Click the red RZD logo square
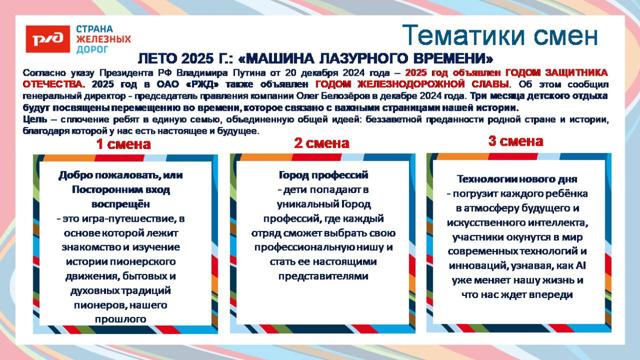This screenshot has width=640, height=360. (x=48, y=39)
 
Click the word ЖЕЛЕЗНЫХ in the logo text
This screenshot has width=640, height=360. (x=103, y=39)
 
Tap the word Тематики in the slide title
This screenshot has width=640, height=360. (x=463, y=35)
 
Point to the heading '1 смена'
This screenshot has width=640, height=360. (x=123, y=144)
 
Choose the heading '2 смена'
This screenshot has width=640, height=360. (x=322, y=143)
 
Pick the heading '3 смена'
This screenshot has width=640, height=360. (x=516, y=141)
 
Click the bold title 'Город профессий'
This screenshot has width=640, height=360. (x=324, y=175)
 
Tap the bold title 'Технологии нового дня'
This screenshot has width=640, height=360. (x=517, y=179)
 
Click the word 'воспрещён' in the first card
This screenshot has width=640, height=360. (x=120, y=204)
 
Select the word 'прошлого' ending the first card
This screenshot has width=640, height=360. (x=120, y=319)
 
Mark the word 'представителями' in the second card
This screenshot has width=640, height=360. (x=324, y=276)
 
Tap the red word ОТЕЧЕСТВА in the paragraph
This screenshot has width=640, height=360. (x=54, y=84)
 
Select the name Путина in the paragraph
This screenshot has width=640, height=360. (x=249, y=73)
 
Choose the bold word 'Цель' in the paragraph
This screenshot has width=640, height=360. (x=35, y=120)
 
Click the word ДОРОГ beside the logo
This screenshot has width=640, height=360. (x=92, y=50)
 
